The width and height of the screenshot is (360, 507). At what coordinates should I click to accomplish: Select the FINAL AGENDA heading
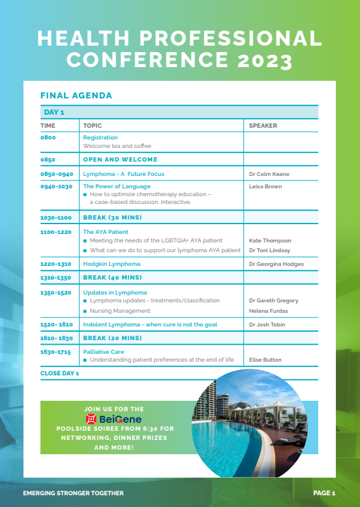pyautogui.click(x=76, y=96)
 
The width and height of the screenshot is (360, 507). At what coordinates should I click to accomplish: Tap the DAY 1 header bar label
pyautogui.click(x=54, y=113)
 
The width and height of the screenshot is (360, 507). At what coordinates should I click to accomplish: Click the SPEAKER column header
pyautogui.click(x=263, y=126)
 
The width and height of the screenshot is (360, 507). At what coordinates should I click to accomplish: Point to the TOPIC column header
pyautogui.click(x=93, y=126)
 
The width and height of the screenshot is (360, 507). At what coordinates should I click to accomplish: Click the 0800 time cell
pyautogui.click(x=48, y=138)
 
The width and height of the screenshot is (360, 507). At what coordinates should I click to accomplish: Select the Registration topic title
pyautogui.click(x=100, y=138)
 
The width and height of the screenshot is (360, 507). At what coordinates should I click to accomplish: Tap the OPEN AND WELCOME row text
pyautogui.click(x=120, y=159)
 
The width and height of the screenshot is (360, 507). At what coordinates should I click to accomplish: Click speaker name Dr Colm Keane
pyautogui.click(x=269, y=174)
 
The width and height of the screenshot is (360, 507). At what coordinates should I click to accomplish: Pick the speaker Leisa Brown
pyautogui.click(x=265, y=186)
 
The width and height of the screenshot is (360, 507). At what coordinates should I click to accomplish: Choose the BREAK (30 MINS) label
pyautogui.click(x=112, y=217)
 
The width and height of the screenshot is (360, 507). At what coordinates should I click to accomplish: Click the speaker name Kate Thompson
pyautogui.click(x=270, y=240)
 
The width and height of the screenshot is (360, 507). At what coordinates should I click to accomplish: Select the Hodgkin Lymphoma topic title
pyautogui.click(x=112, y=264)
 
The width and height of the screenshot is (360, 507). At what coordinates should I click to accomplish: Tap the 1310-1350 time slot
pyautogui.click(x=55, y=278)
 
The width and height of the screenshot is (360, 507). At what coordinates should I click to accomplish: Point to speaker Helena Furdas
pyautogui.click(x=269, y=311)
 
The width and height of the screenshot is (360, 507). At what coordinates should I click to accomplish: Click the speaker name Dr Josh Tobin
pyautogui.click(x=267, y=325)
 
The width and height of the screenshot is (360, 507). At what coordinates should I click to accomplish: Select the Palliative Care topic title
pyautogui.click(x=104, y=352)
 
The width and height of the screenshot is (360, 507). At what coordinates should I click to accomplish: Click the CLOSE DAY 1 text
pyautogui.click(x=59, y=373)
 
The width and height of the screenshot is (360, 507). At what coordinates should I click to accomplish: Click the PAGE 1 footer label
pyautogui.click(x=324, y=493)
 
